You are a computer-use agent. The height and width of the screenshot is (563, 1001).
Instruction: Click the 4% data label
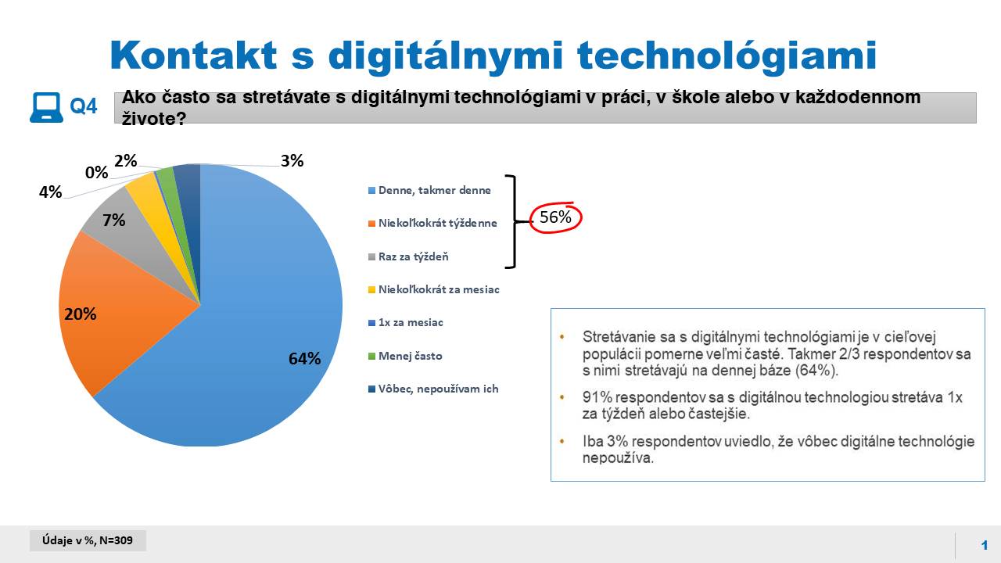coord(51,192)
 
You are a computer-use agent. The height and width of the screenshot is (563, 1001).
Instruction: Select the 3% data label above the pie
coord(292,160)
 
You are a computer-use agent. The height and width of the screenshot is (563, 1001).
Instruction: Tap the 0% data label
coord(96,173)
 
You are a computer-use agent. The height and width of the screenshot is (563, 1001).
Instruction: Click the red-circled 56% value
coord(555,217)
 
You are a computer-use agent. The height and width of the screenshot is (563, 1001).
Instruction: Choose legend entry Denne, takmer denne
coord(429,190)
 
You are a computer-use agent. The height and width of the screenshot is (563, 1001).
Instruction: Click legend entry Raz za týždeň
coord(408,256)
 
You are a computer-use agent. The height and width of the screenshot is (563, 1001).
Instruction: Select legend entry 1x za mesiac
coord(406,322)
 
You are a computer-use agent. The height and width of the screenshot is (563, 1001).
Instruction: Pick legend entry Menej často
coord(405,356)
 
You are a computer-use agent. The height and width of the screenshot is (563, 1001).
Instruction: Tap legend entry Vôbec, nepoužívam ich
coord(433,389)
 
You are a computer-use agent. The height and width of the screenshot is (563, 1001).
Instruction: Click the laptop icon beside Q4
coord(46,107)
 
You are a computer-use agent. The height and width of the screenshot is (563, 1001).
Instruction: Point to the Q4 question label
coord(84,106)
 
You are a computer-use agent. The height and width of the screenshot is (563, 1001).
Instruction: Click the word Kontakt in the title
coord(193,56)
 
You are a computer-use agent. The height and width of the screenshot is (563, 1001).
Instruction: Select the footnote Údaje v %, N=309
coord(88,540)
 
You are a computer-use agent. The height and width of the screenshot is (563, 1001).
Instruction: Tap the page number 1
coord(985,545)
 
